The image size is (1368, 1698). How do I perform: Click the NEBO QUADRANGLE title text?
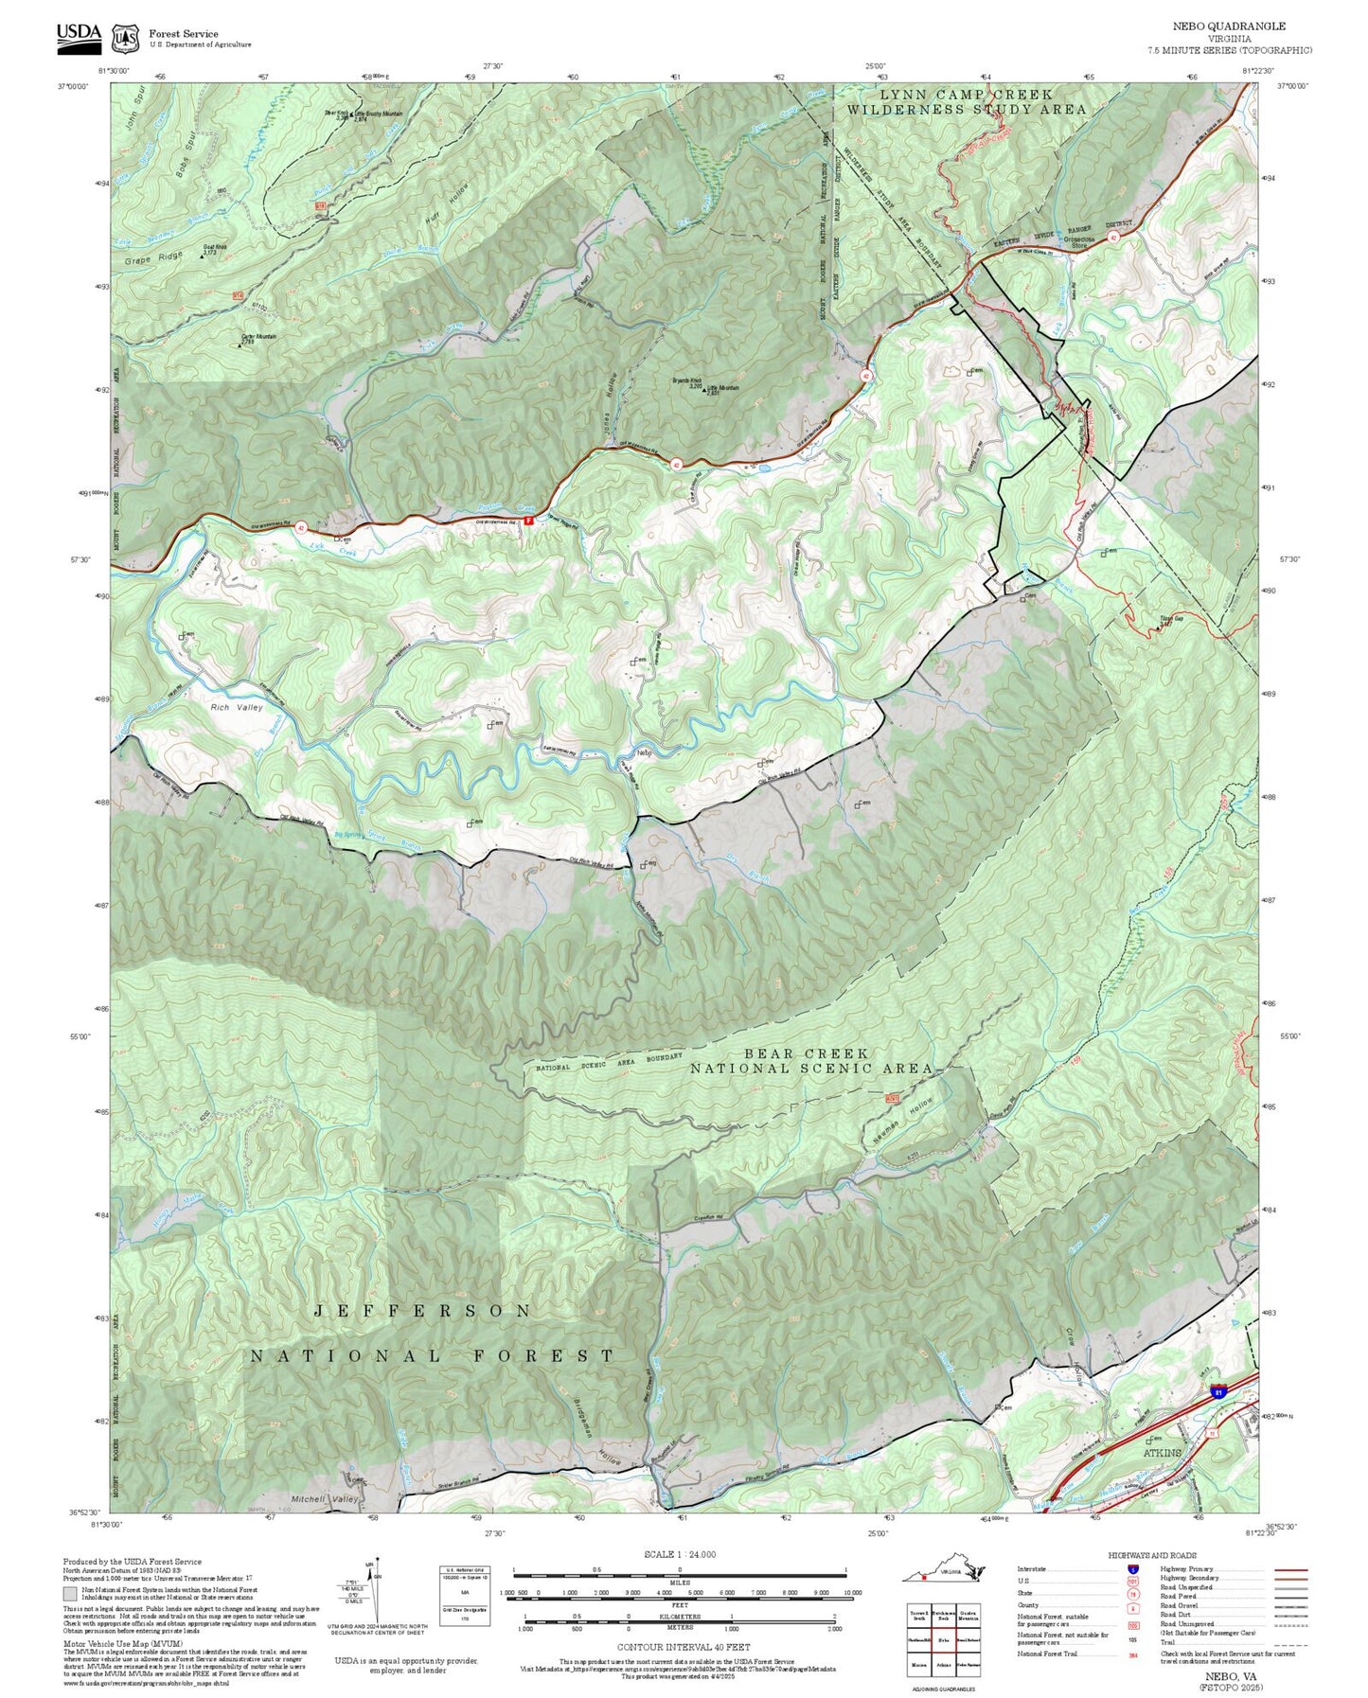tap(1229, 27)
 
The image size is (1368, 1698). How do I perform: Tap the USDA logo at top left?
tap(78, 34)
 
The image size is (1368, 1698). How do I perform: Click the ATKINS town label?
tap(1162, 1452)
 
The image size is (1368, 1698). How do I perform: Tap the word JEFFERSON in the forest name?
tap(422, 1311)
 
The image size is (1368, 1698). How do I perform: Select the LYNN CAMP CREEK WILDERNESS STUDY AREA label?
tap(966, 102)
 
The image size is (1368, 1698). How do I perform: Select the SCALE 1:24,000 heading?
tap(679, 1554)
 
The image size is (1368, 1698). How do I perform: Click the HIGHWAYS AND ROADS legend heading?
tap(1151, 1555)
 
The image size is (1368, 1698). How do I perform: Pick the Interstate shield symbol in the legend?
tap(1132, 1568)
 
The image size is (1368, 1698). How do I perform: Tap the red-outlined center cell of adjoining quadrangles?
tap(942, 1615)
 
